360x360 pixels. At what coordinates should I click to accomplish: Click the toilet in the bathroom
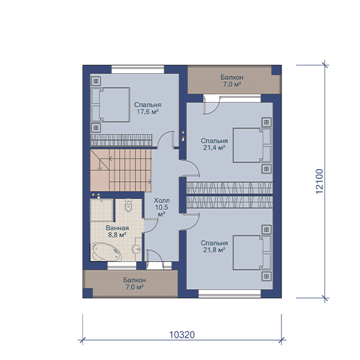(x=128, y=205)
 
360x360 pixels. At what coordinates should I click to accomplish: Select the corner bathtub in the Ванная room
(x=106, y=251)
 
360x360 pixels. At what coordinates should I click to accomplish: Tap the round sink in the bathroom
(x=137, y=248)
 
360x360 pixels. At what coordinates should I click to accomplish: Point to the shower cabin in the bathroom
(x=101, y=210)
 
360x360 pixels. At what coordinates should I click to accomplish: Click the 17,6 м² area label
(x=148, y=112)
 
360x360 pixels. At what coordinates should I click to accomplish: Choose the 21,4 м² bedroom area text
(x=214, y=148)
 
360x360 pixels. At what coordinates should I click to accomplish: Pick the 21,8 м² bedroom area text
(x=214, y=250)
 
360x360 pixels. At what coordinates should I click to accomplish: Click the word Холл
(x=161, y=200)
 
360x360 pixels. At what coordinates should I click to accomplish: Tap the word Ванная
(x=117, y=228)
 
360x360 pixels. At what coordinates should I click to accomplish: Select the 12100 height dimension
(x=319, y=181)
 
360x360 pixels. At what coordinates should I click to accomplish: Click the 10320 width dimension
(x=182, y=335)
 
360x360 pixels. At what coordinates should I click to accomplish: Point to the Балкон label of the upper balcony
(x=232, y=77)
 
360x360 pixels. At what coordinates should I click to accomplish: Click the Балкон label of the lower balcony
(x=134, y=280)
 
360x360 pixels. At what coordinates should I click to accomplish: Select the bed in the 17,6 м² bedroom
(x=110, y=104)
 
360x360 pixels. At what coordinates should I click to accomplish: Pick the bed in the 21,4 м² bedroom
(x=252, y=145)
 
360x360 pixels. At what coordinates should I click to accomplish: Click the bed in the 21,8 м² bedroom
(x=252, y=252)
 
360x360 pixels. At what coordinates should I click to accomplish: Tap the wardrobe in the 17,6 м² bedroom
(x=121, y=140)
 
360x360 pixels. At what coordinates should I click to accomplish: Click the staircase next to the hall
(x=121, y=170)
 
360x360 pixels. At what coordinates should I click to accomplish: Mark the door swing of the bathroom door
(x=151, y=226)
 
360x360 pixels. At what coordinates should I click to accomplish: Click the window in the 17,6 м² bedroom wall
(x=138, y=70)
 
